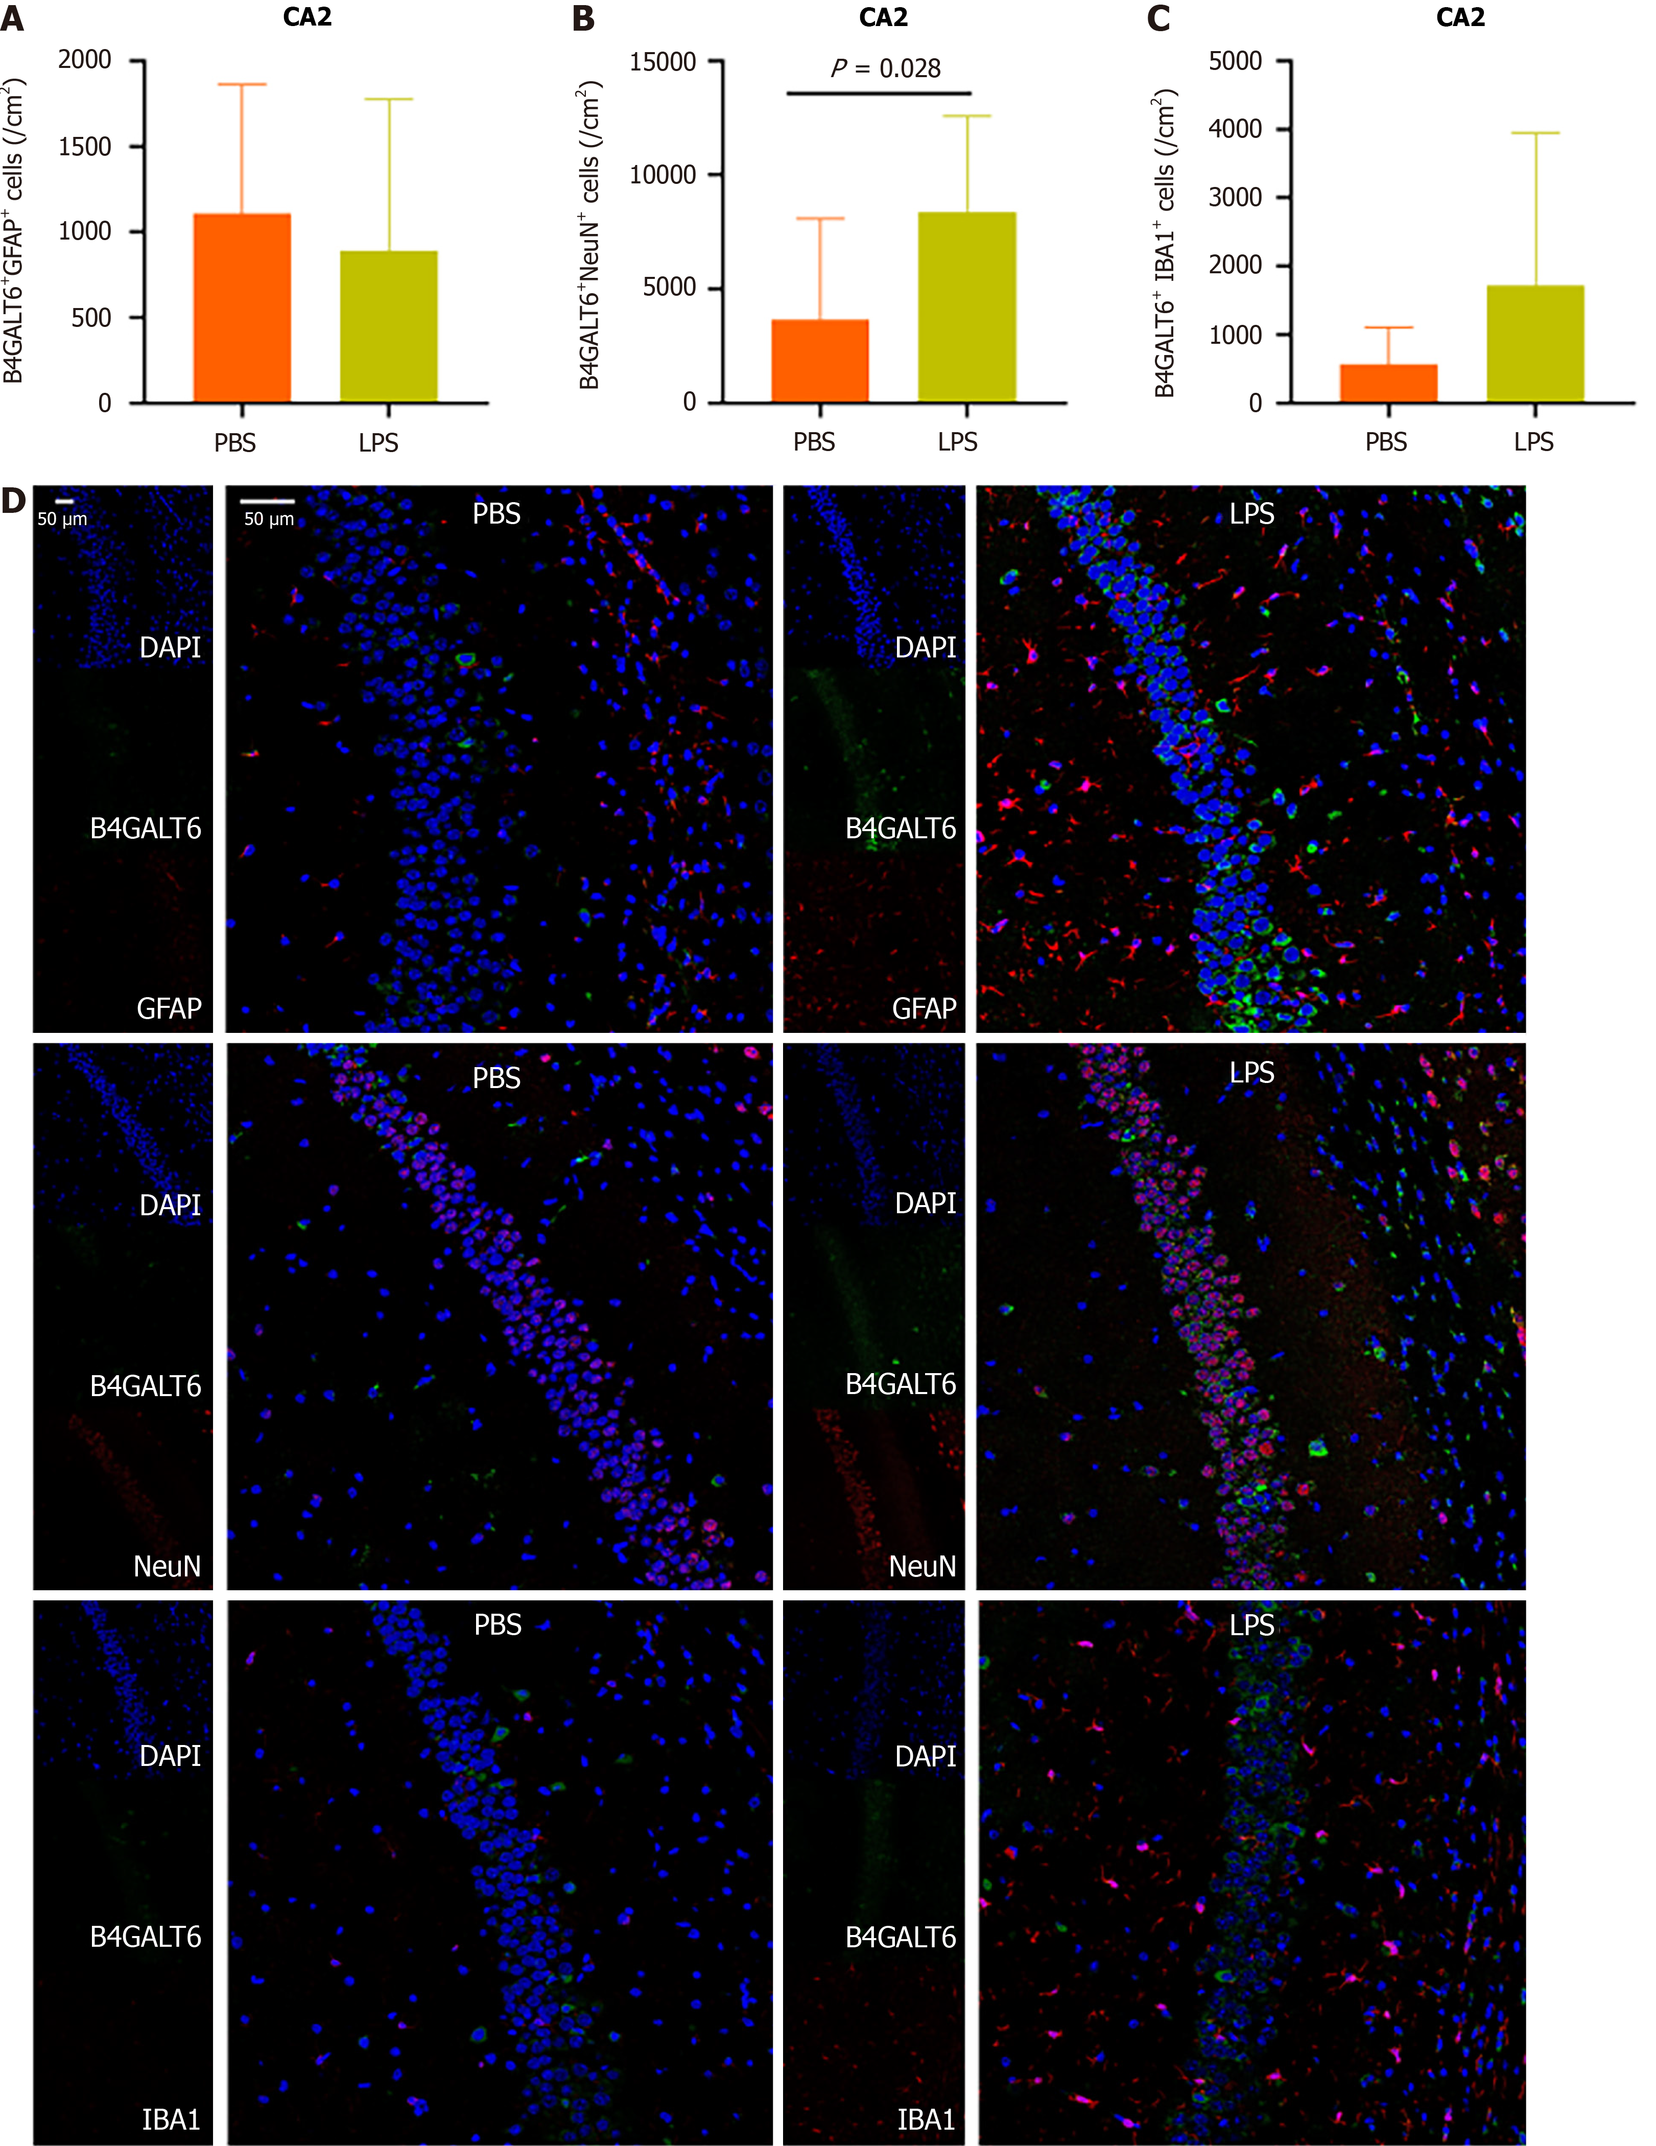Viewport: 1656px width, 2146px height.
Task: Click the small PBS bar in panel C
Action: coord(1388,383)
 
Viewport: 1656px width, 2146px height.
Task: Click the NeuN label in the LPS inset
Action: coord(922,1565)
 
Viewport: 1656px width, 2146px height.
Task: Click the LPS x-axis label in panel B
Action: coord(957,442)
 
